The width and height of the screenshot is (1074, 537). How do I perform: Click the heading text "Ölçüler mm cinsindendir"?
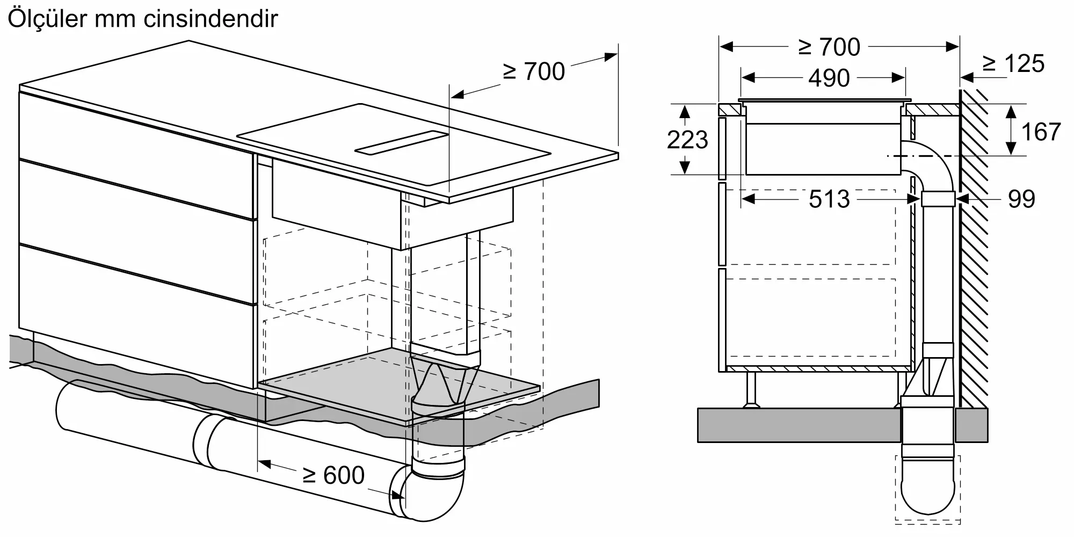143,19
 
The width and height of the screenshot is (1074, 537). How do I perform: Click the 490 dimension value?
829,78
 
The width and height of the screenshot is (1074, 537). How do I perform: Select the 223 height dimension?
687,140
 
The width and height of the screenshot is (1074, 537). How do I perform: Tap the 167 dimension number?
1040,132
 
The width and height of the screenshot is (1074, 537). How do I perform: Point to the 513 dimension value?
829,199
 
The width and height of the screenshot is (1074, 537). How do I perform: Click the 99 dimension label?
1021,199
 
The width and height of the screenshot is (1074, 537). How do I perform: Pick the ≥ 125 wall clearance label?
1013,64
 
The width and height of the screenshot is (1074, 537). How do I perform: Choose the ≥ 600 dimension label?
333,475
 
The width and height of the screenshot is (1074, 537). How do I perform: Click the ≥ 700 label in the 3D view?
534,72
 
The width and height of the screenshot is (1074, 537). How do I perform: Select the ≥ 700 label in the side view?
829,47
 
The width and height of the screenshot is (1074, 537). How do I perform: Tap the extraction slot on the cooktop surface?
402,142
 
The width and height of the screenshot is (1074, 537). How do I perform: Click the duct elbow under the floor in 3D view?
432,491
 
